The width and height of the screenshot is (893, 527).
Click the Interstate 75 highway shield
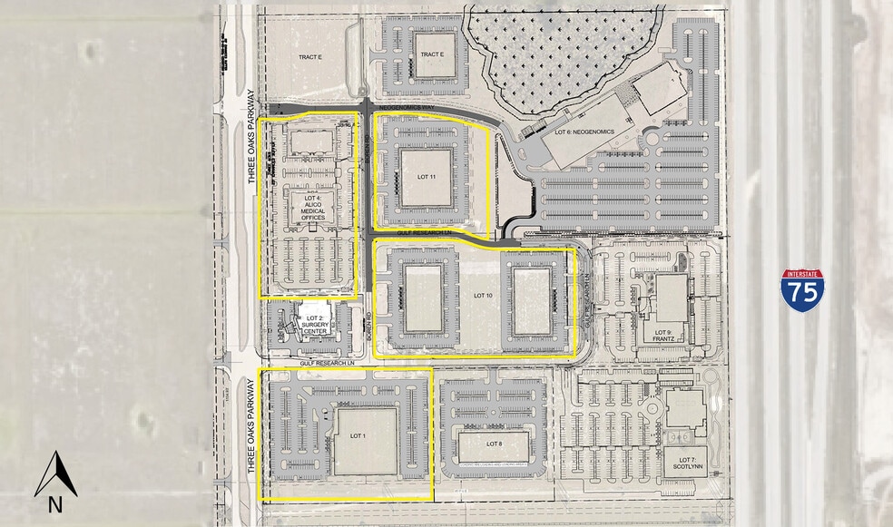pyautogui.click(x=802, y=290)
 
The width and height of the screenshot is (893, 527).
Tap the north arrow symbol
pyautogui.click(x=55, y=473)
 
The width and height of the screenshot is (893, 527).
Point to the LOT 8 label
pyautogui.click(x=494, y=444)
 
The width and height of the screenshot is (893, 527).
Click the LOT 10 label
pyautogui.click(x=482, y=296)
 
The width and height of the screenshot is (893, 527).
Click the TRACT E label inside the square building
pyautogui.click(x=432, y=54)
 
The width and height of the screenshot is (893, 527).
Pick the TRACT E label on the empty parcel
pyautogui.click(x=310, y=57)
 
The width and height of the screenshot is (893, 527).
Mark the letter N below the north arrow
pyautogui.click(x=55, y=505)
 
